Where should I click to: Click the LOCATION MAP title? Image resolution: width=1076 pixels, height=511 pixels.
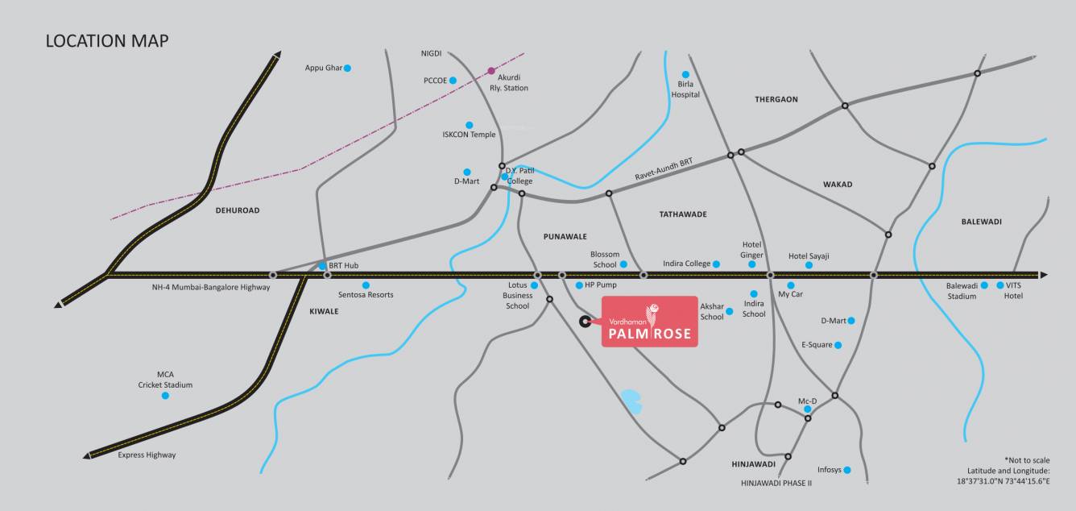coord(107,41)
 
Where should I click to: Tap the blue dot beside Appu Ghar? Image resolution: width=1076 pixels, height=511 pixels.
coord(348,69)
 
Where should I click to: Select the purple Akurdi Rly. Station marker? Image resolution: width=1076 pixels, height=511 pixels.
coord(491,71)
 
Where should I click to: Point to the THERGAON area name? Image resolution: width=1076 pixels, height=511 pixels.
coord(776,100)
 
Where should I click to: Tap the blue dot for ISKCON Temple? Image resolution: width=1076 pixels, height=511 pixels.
coord(470,125)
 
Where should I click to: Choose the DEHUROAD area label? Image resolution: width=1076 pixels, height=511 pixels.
coord(238,210)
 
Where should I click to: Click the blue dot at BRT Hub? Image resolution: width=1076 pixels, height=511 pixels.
coord(322,265)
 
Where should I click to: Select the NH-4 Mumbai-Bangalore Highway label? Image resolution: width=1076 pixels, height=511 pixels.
coord(210,287)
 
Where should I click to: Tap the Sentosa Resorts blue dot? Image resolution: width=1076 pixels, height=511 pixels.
coord(366,285)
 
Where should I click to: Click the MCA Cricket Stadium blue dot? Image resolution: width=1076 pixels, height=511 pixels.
coord(165,396)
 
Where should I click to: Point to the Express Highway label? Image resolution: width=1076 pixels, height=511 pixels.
coord(147,455)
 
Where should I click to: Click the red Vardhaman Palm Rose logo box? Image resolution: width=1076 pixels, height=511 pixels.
coord(650,322)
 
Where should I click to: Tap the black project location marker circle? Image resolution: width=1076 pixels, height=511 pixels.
coord(585,322)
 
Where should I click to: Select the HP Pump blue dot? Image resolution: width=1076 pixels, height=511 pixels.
coord(578,285)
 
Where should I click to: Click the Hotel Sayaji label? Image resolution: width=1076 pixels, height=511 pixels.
coord(809,256)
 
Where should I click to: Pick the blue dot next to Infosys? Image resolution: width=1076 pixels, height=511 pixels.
coord(847,470)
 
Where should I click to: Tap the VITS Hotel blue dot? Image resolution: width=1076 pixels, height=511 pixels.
coord(1000,285)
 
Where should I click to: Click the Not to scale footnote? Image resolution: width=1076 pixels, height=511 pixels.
coord(1027,459)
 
